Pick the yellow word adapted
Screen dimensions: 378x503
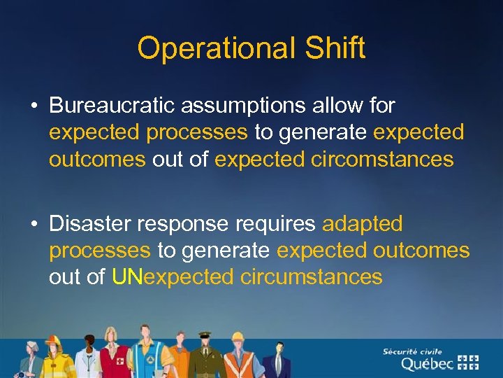(362, 223)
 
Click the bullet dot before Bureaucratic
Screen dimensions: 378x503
(34, 106)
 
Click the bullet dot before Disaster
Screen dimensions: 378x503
(34, 224)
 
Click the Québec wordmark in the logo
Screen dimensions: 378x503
(426, 363)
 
